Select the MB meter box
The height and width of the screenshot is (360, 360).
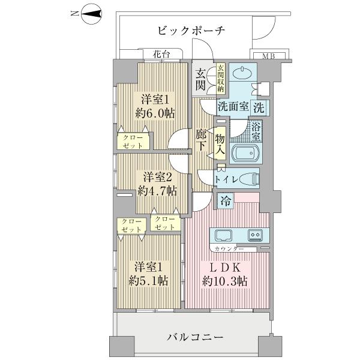click(x=268, y=56)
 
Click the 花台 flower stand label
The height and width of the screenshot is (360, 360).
click(x=160, y=55)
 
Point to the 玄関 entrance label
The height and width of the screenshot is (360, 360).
click(x=201, y=79)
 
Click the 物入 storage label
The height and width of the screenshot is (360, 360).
click(x=220, y=146)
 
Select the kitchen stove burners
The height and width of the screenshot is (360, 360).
click(x=256, y=234)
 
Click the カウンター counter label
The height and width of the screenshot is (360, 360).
click(x=227, y=248)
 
